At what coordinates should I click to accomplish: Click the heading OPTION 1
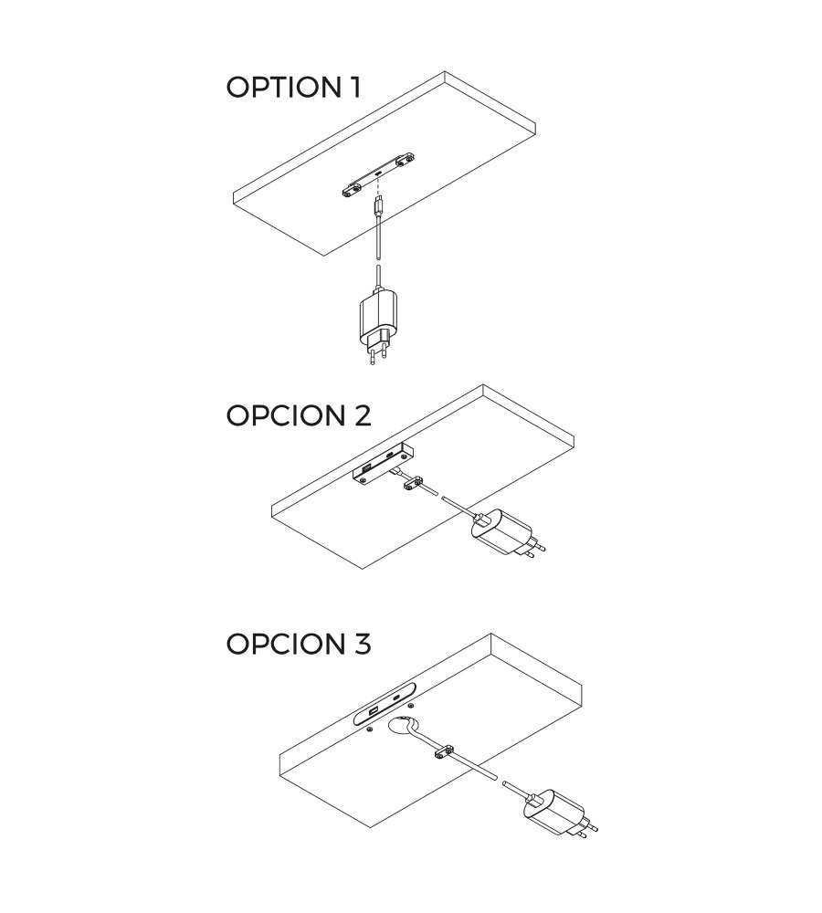(293, 88)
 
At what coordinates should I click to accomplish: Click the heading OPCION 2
(299, 415)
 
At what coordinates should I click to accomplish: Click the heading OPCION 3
(299, 644)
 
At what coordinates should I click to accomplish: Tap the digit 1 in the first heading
(354, 88)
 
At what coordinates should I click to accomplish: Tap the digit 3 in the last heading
(361, 644)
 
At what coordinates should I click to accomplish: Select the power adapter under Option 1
(377, 324)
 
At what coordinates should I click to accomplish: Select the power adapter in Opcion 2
(507, 533)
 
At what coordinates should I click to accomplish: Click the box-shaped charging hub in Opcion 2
(384, 462)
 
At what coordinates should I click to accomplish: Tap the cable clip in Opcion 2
(413, 483)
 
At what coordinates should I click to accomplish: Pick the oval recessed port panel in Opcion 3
(385, 703)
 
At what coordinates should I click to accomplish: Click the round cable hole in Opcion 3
(403, 727)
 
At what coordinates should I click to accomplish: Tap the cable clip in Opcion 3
(444, 753)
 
